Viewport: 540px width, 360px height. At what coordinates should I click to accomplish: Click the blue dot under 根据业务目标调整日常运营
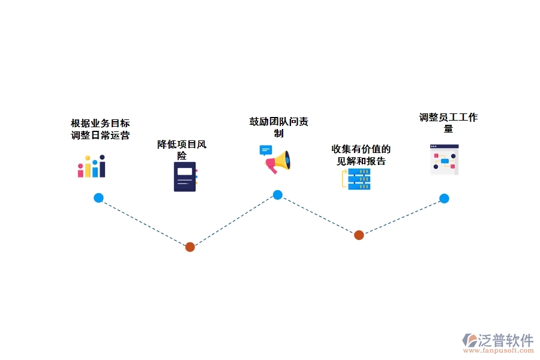coord(98,198)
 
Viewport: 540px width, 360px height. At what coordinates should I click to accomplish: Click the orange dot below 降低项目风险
coord(190,247)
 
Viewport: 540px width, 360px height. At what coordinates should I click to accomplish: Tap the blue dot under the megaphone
coord(277,194)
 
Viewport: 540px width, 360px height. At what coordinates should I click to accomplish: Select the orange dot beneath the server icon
coord(359,235)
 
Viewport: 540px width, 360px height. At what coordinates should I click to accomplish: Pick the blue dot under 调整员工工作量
coord(444,199)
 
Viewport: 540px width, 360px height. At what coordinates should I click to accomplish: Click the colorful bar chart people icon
coord(91,167)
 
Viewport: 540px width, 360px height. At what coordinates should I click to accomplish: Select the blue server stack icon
coord(358,179)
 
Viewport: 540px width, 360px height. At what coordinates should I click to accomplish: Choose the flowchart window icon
coord(445,159)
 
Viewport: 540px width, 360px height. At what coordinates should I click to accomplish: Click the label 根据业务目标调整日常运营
coord(100,129)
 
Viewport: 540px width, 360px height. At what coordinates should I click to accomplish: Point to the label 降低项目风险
coord(182,149)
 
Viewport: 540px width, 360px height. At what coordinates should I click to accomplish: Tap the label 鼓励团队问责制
coord(278,127)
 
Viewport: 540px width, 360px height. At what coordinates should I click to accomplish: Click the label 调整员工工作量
coord(448,123)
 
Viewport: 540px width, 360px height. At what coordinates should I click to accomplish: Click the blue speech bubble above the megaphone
coord(265,149)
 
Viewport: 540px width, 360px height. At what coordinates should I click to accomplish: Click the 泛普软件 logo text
coord(505,340)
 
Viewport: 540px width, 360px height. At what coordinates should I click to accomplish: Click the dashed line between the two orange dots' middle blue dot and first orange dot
coord(233,221)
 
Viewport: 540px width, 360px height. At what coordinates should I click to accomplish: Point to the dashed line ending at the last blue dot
coord(401,217)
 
